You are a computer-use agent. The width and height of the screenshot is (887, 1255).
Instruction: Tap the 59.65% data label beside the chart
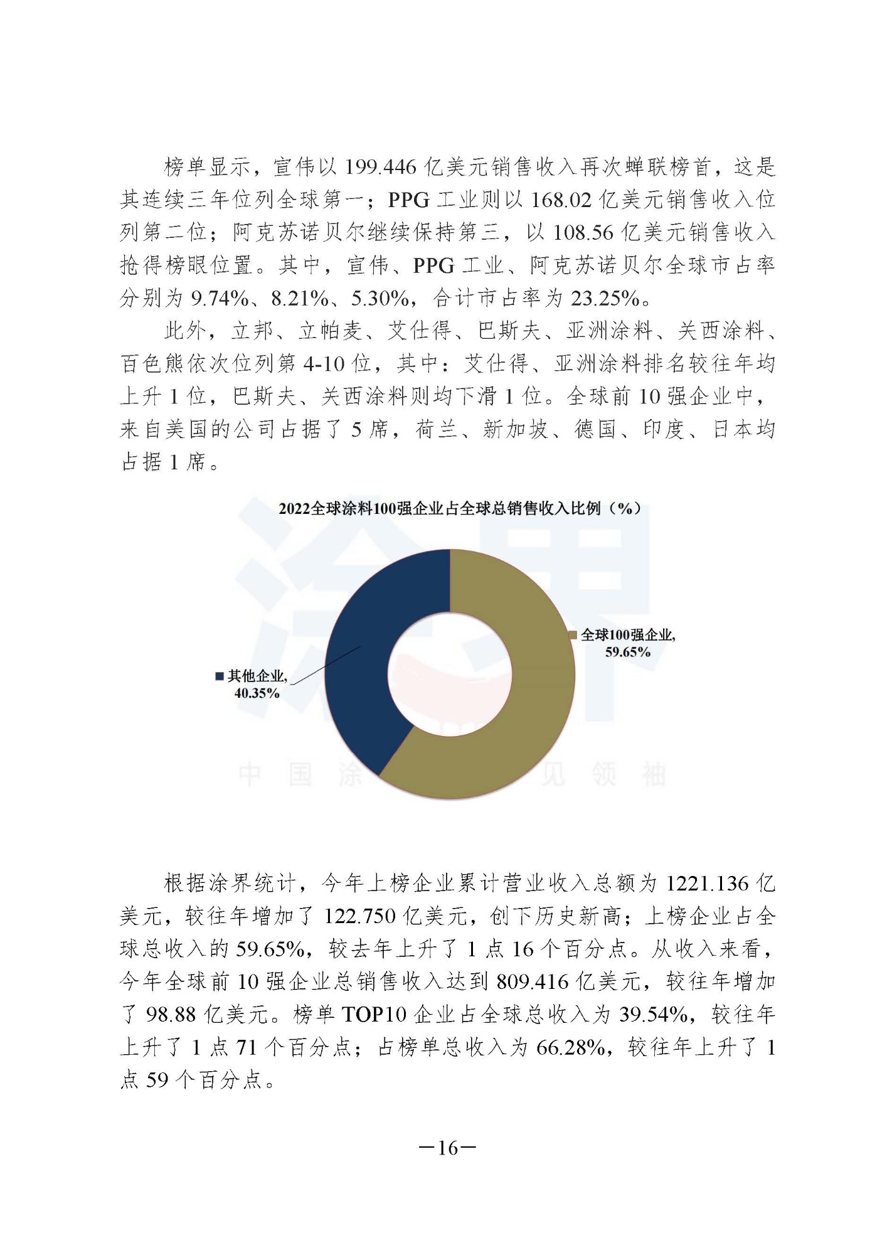coord(627,653)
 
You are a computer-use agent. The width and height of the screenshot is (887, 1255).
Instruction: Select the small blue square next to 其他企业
coord(219,676)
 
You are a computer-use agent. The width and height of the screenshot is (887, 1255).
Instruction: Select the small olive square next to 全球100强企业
coord(572,636)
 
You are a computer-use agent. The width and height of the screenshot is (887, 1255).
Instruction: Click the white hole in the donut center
coord(450,674)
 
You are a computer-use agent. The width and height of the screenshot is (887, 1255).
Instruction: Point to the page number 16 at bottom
coord(447,1148)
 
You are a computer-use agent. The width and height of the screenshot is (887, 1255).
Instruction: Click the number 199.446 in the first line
coord(380,167)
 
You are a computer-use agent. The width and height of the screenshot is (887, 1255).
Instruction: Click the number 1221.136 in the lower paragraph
coord(707,884)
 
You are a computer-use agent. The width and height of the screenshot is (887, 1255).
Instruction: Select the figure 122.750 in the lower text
coord(359,917)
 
